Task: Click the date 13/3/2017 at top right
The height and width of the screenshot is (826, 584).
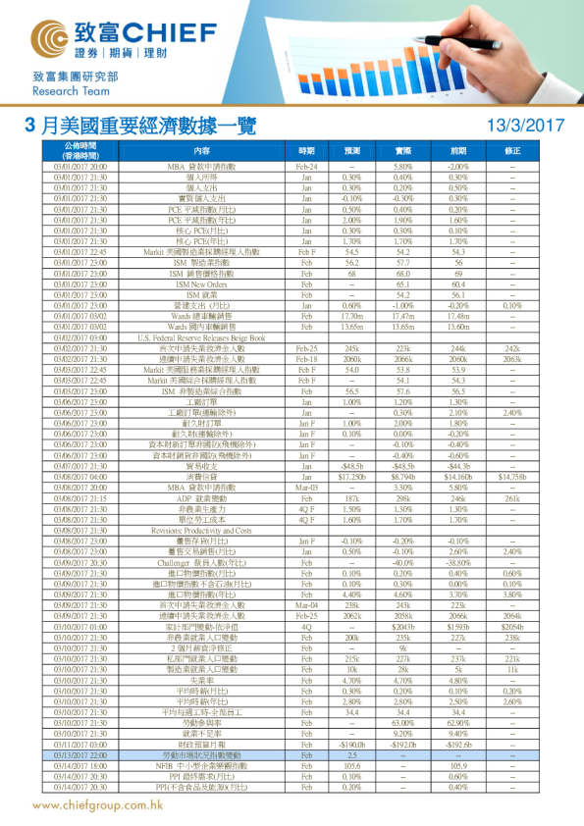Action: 526,126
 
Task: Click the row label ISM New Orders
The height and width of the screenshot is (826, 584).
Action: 201,284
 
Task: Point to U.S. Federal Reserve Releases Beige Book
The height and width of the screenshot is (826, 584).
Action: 201,336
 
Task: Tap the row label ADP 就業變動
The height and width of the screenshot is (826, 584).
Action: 201,471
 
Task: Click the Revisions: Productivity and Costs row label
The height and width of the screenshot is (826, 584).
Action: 201,502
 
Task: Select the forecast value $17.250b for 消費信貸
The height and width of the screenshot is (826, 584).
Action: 351,448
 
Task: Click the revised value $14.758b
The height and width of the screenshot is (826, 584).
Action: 512,448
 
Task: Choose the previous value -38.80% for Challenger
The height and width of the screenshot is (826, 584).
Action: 458,535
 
